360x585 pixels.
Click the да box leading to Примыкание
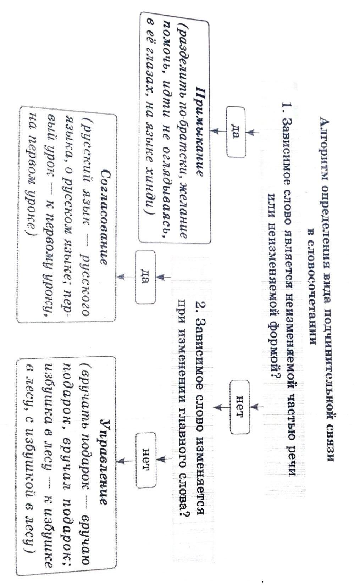click(x=236, y=132)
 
